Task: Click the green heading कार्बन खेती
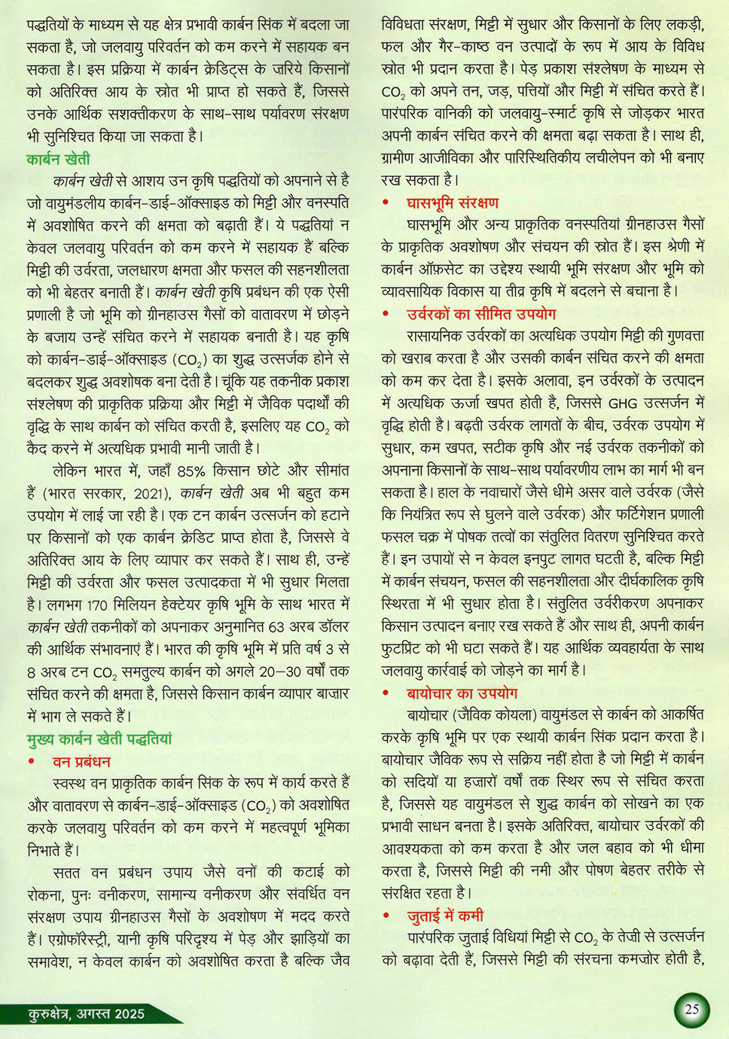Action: point(58,159)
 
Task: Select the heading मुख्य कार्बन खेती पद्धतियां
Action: point(99,739)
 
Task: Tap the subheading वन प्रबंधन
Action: point(81,761)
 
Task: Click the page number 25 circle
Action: point(691,1010)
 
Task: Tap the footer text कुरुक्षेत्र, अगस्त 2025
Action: point(86,1013)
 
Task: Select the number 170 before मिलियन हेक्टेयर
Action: point(97,605)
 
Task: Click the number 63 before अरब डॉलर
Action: point(276,626)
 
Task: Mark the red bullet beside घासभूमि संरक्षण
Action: point(386,203)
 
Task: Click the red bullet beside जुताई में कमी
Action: point(386,916)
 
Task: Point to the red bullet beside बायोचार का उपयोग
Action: point(386,693)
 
